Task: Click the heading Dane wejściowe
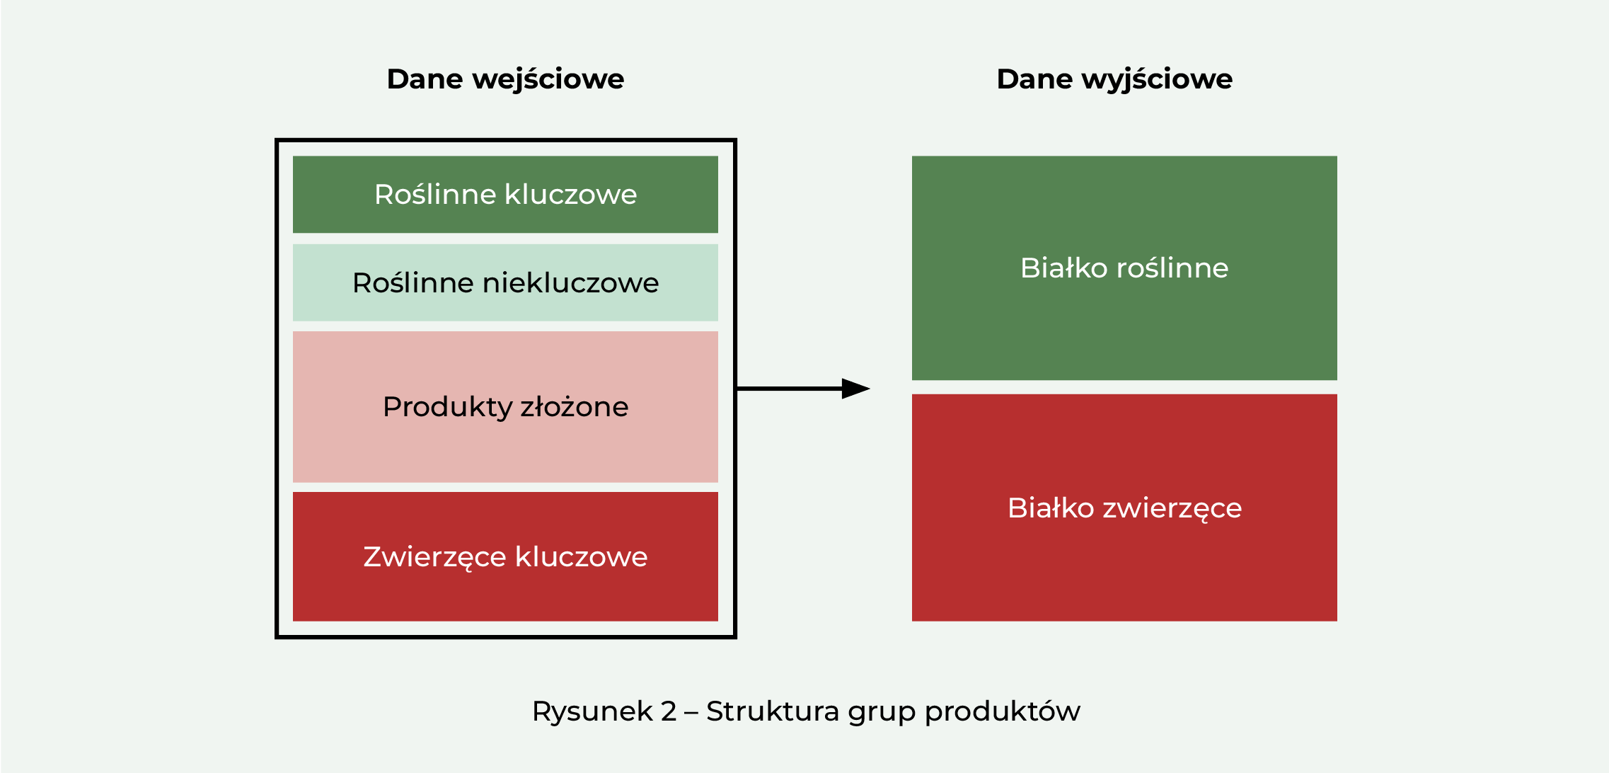[505, 79]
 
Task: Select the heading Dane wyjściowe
[1114, 79]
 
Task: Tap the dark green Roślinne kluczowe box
[505, 195]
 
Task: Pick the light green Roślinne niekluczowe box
[505, 282]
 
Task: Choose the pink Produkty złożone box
[505, 407]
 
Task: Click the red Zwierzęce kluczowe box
[505, 556]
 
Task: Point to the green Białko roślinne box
[1124, 268]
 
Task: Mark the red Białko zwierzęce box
[1124, 508]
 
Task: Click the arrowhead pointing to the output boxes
[855, 389]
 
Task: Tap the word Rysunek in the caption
[592, 711]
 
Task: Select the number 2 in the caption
[669, 711]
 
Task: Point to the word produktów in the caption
[1003, 711]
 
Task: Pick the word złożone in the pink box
[575, 407]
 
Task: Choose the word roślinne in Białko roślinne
[1172, 268]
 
